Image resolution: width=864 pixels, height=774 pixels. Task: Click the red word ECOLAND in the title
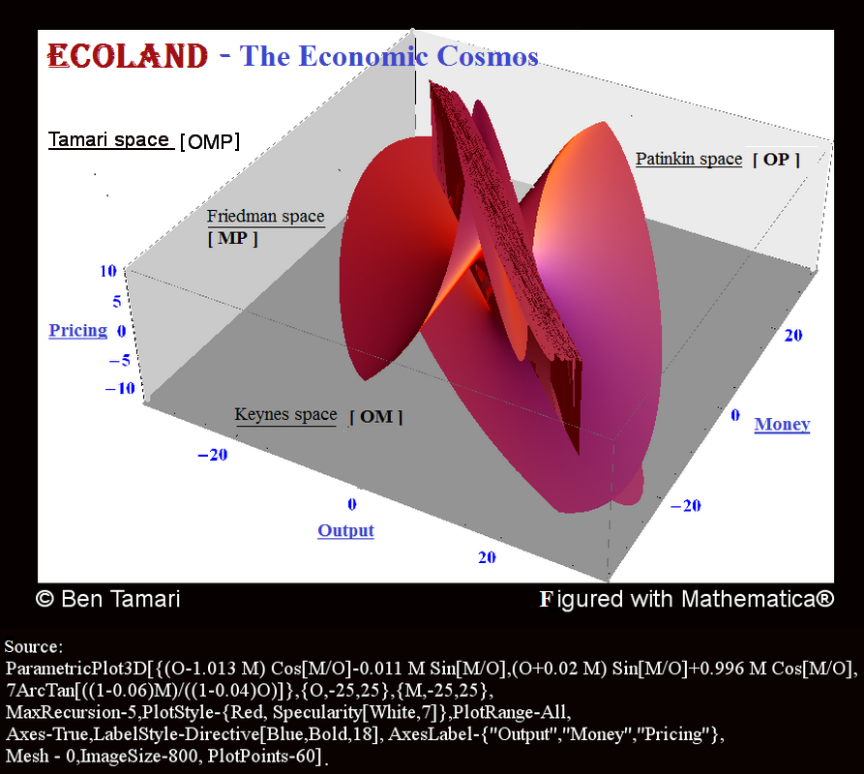[x=128, y=56]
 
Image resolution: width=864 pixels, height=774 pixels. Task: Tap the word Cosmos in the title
[x=487, y=56]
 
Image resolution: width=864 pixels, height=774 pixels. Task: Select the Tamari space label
[x=108, y=140]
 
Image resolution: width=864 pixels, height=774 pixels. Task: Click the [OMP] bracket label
[x=210, y=141]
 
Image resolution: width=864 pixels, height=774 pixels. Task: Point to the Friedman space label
[x=266, y=216]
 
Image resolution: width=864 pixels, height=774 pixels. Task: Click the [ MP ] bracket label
[x=232, y=239]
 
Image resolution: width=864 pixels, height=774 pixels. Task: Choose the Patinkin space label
[x=689, y=159]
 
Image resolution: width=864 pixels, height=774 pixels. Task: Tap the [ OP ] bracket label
[x=776, y=160]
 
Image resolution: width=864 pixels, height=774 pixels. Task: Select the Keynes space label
[x=285, y=414]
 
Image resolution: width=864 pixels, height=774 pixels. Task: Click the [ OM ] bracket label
[x=376, y=417]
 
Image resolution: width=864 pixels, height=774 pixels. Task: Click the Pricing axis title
[x=77, y=330]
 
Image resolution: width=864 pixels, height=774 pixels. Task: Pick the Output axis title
[x=345, y=530]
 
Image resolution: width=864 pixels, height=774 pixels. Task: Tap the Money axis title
[x=782, y=424]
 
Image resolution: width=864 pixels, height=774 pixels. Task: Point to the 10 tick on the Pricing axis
[x=108, y=271]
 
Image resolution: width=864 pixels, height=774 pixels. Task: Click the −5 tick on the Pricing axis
[x=120, y=361]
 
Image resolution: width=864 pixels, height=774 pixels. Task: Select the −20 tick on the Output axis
[x=212, y=455]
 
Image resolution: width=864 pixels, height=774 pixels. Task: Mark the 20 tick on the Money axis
[x=793, y=335]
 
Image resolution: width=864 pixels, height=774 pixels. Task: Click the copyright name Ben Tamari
[x=121, y=599]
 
